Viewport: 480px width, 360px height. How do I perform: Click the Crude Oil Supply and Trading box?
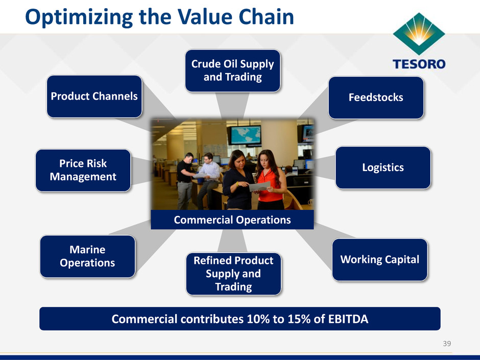click(233, 70)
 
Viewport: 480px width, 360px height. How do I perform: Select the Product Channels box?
click(94, 97)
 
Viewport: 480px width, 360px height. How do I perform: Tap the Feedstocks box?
click(376, 98)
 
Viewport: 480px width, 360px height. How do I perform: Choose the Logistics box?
click(383, 168)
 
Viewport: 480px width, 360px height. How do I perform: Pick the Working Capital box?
click(380, 259)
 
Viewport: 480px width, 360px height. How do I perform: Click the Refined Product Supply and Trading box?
click(233, 274)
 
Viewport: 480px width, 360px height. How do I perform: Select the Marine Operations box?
click(87, 256)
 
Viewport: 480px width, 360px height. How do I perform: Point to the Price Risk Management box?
click(83, 170)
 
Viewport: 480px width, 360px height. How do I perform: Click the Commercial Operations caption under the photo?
click(232, 220)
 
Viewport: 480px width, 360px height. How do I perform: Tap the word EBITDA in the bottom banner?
click(348, 319)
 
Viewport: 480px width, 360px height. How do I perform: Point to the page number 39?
click(447, 344)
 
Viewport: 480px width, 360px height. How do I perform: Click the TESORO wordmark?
click(419, 64)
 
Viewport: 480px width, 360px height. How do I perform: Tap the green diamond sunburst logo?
click(419, 34)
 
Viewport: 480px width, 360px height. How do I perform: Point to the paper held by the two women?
click(260, 186)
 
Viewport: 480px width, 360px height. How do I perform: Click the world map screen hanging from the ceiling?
click(244, 135)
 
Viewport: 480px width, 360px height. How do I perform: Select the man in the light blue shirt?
click(209, 179)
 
